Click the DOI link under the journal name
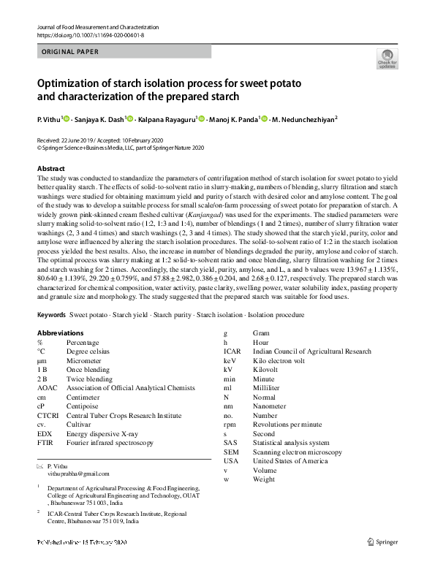pyautogui.click(x=90, y=34)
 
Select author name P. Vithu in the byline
pyautogui.click(x=49, y=119)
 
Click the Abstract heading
pyautogui.click(x=51, y=169)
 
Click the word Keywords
pyautogui.click(x=51, y=314)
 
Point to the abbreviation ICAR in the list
pyautogui.click(x=232, y=351)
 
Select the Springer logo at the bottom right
pyautogui.click(x=382, y=543)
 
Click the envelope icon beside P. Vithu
pyautogui.click(x=40, y=465)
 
